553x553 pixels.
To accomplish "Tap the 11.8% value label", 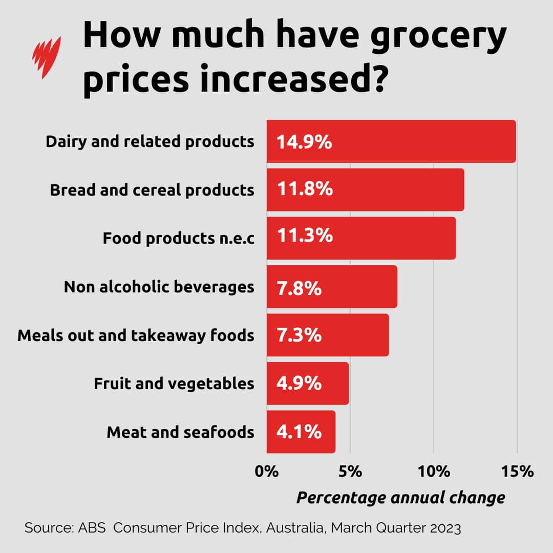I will tap(305, 189).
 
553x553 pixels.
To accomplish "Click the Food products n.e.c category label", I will tap(178, 238).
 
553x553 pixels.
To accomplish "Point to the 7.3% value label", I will tap(299, 335).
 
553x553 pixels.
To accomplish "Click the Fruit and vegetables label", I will tap(174, 384).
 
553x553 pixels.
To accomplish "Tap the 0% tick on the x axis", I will tap(267, 471).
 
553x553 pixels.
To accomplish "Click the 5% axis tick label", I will tap(350, 471).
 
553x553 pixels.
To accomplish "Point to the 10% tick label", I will tap(433, 471).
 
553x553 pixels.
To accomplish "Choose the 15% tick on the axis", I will tap(517, 471).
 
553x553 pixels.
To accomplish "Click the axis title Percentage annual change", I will tap(400, 497).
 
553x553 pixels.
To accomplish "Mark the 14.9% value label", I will tap(304, 142).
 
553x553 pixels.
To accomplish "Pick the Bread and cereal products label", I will tap(152, 190).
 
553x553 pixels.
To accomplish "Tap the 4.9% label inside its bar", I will tap(299, 384).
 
